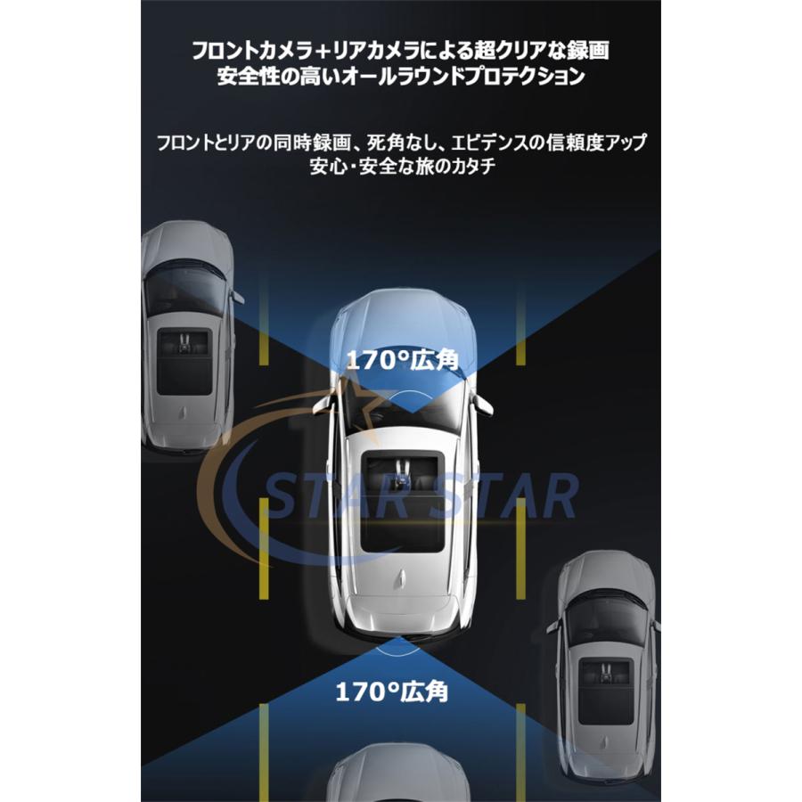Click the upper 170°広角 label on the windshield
(403, 361)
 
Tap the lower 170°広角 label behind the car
(392, 692)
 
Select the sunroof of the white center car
(402, 501)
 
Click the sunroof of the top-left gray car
(184, 362)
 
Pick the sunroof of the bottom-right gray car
(606, 692)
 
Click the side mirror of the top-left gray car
(237, 298)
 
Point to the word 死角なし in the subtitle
(399, 143)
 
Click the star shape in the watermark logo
(361, 397)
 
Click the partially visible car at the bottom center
(398, 773)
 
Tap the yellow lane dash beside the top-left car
(264, 322)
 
